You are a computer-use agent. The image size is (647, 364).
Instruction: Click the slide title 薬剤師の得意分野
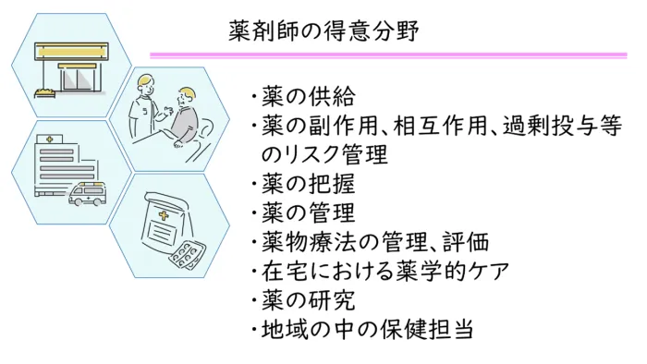pos(323,30)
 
